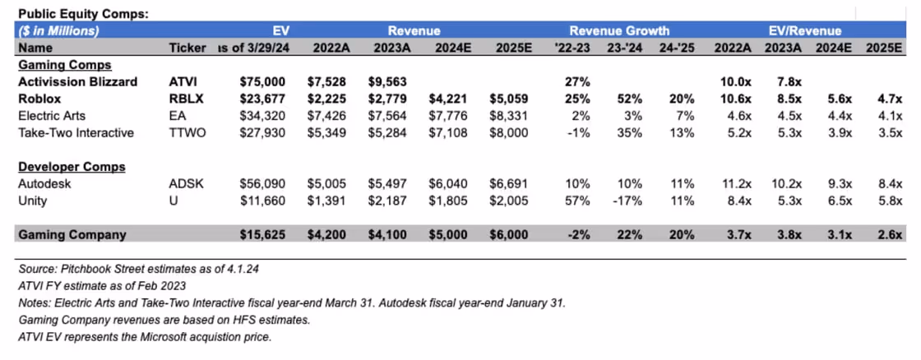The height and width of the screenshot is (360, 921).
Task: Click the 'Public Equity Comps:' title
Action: click(77, 14)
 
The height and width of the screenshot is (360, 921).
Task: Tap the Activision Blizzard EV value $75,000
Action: click(263, 82)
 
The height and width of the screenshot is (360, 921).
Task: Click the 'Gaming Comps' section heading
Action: click(65, 64)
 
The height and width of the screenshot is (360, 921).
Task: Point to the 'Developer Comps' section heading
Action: click(72, 167)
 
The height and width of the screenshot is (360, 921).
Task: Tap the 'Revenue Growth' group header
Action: click(619, 31)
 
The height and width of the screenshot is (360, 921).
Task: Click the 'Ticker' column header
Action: click(186, 48)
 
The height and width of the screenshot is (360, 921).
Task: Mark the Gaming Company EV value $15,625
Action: click(263, 235)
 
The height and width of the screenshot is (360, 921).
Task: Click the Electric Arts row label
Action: click(52, 117)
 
